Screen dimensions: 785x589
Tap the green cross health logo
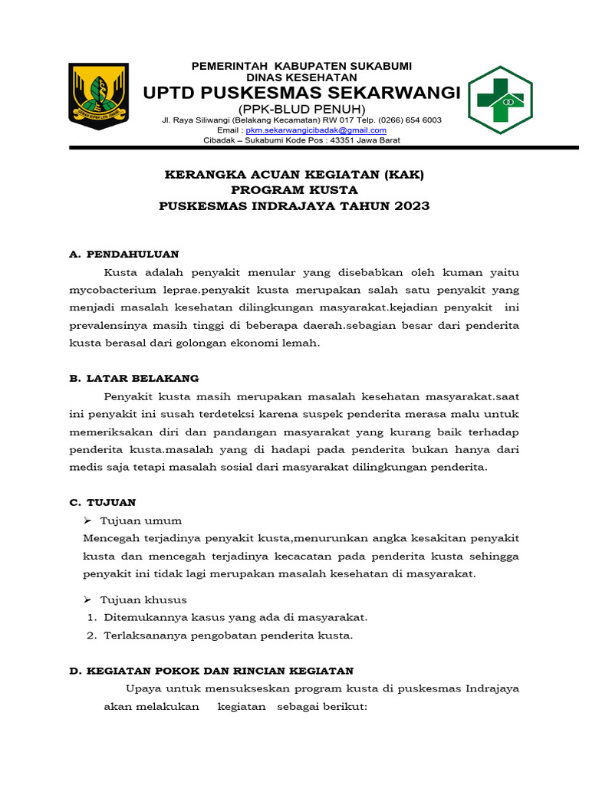pos(499,100)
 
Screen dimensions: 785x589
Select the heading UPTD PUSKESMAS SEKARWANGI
pos(301,93)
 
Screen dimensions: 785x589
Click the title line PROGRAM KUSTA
pos(294,190)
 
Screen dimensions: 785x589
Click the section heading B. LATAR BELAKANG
pos(134,378)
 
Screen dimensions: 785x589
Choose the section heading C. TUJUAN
pos(103,502)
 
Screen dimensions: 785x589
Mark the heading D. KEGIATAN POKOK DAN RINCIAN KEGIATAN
pos(211,670)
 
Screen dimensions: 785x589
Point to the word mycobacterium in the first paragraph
pos(116,291)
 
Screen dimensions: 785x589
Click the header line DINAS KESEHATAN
pos(301,77)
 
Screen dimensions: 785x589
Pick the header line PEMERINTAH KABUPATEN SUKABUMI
pos(301,64)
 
